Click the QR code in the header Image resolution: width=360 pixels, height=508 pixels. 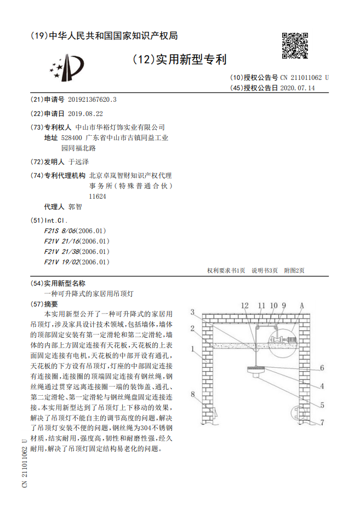pos(294,45)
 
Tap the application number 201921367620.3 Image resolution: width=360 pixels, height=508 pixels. pos(92,100)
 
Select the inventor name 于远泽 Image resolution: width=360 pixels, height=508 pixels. pos(78,162)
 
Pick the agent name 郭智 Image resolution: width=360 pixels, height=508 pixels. pos(75,207)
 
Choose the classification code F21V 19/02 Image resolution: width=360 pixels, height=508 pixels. pos(61,262)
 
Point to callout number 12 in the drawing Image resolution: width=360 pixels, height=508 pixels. pos(244,305)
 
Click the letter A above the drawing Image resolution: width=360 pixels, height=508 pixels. pos(301,305)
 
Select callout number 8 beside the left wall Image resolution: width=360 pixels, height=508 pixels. pos(192,394)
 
